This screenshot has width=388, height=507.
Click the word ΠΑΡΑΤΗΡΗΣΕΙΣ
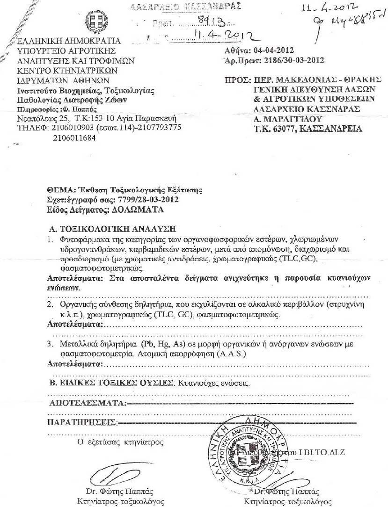point(82,423)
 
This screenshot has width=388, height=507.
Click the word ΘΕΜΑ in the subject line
point(58,190)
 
